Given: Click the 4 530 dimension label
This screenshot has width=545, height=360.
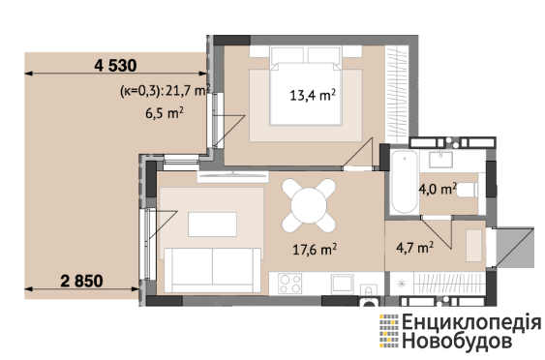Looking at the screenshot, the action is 115,66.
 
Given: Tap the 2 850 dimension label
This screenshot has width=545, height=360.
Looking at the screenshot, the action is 81,281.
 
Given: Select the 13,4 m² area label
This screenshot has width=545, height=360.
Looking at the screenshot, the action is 313,95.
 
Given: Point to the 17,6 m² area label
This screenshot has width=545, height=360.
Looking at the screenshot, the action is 315,249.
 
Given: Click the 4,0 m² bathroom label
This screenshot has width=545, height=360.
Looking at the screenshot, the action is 438,190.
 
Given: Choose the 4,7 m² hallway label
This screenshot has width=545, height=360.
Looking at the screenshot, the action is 414,248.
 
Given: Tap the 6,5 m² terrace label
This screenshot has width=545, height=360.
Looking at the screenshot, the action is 165,113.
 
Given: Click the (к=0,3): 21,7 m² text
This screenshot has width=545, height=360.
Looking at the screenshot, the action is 166,91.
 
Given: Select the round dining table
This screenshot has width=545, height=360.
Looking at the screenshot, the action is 309,205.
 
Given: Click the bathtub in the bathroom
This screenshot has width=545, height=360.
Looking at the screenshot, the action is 404,181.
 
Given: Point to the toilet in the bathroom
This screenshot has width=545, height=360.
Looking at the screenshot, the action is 468,190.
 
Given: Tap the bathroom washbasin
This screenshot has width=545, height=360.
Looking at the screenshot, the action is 440,160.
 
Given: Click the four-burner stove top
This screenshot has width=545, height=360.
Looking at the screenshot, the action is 290,284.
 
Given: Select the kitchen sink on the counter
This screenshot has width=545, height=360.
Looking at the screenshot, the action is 343,284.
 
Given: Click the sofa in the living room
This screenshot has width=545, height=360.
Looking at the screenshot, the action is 212,270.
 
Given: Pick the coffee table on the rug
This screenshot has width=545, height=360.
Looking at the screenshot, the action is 212,225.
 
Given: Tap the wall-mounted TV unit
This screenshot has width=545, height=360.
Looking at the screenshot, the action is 233,176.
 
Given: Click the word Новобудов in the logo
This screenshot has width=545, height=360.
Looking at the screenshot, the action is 457,341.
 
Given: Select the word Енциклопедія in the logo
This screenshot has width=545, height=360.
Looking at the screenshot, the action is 471,321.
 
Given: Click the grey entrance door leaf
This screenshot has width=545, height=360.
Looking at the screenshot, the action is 514,248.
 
